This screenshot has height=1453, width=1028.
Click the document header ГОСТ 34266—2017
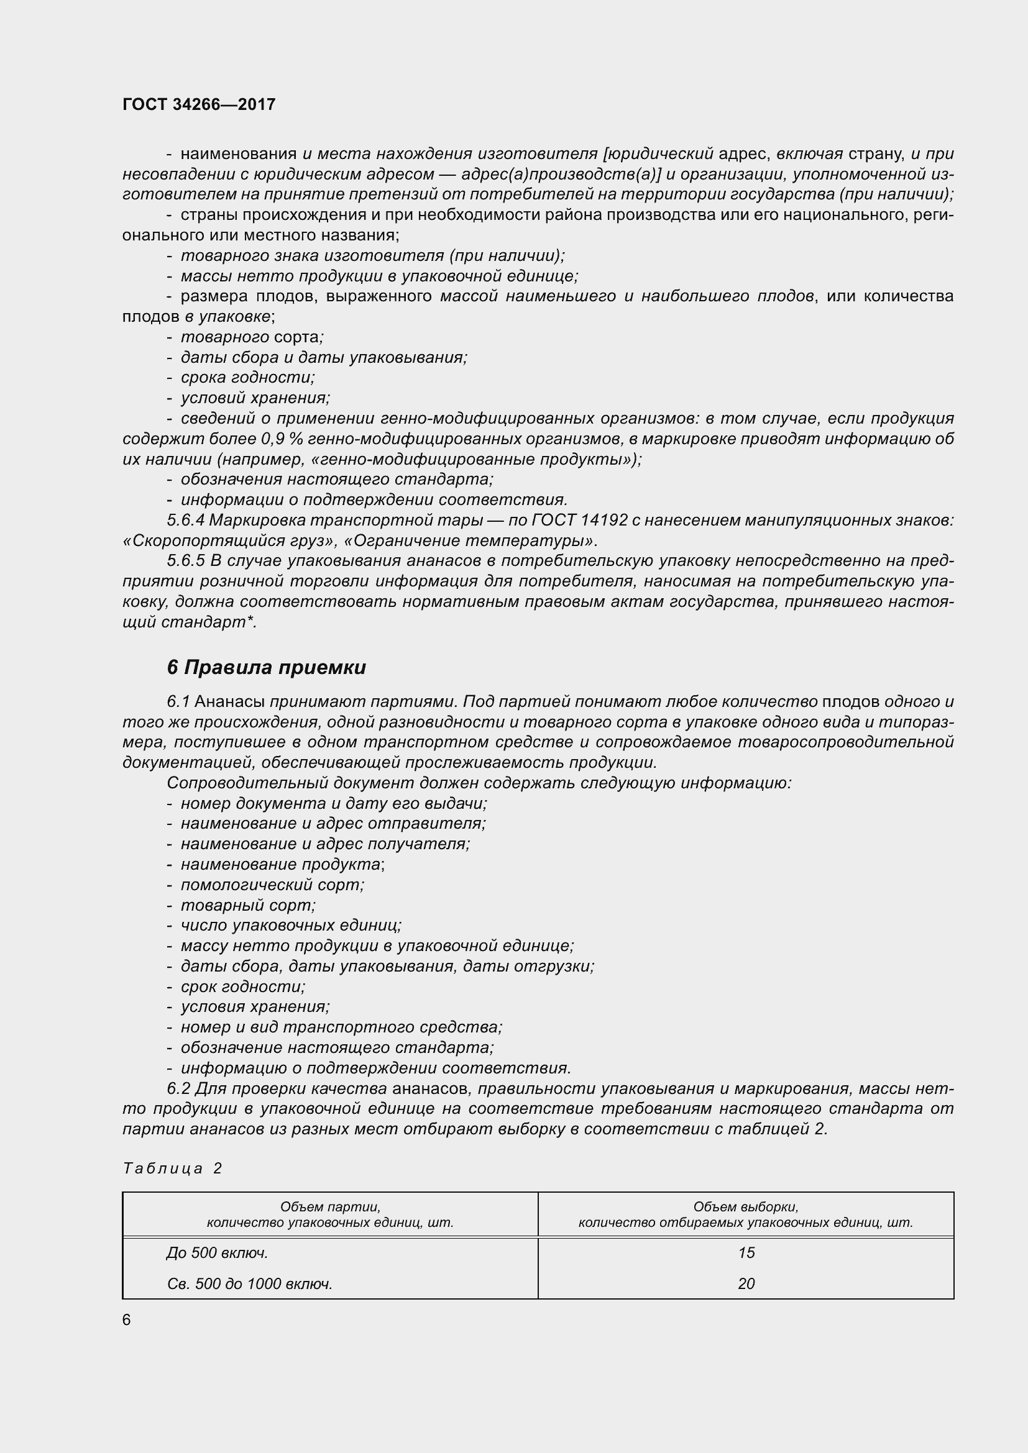pos(199,104)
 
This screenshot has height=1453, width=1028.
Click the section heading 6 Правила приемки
pos(266,668)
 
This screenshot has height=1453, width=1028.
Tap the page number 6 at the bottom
pos(127,1320)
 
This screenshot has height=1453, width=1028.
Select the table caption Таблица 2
pos(172,1168)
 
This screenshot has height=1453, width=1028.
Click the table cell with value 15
pos(746,1253)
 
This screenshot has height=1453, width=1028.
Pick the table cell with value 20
pos(746,1283)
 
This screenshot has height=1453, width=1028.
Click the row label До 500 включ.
pos(217,1253)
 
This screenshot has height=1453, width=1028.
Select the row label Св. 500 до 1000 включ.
pos(249,1283)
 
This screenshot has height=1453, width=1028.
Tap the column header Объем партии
pos(330,1206)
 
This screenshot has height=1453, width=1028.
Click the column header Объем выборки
pos(745,1206)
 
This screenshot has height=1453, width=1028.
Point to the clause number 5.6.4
pos(186,520)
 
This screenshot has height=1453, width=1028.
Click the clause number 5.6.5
pos(186,561)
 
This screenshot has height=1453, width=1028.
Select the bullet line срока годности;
pos(247,378)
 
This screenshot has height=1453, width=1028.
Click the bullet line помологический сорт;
pos(272,885)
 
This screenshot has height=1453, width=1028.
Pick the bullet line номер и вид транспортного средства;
pos(341,1027)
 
